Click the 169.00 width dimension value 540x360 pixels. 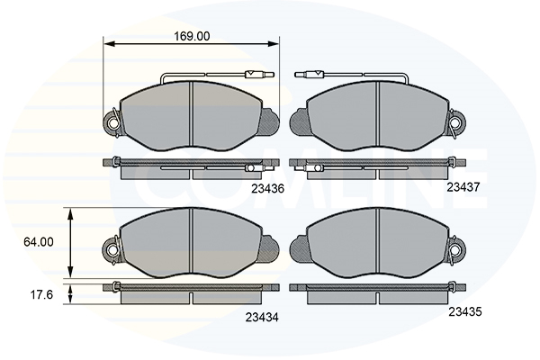192,36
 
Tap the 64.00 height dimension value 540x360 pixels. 39,242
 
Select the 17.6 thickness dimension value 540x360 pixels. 41,295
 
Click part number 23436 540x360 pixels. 267,188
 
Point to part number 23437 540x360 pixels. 463,187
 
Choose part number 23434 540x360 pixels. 262,318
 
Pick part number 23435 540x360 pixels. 465,311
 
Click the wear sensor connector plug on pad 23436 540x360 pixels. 259,74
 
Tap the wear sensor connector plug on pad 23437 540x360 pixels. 310,74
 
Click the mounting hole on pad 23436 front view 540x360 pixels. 112,122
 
